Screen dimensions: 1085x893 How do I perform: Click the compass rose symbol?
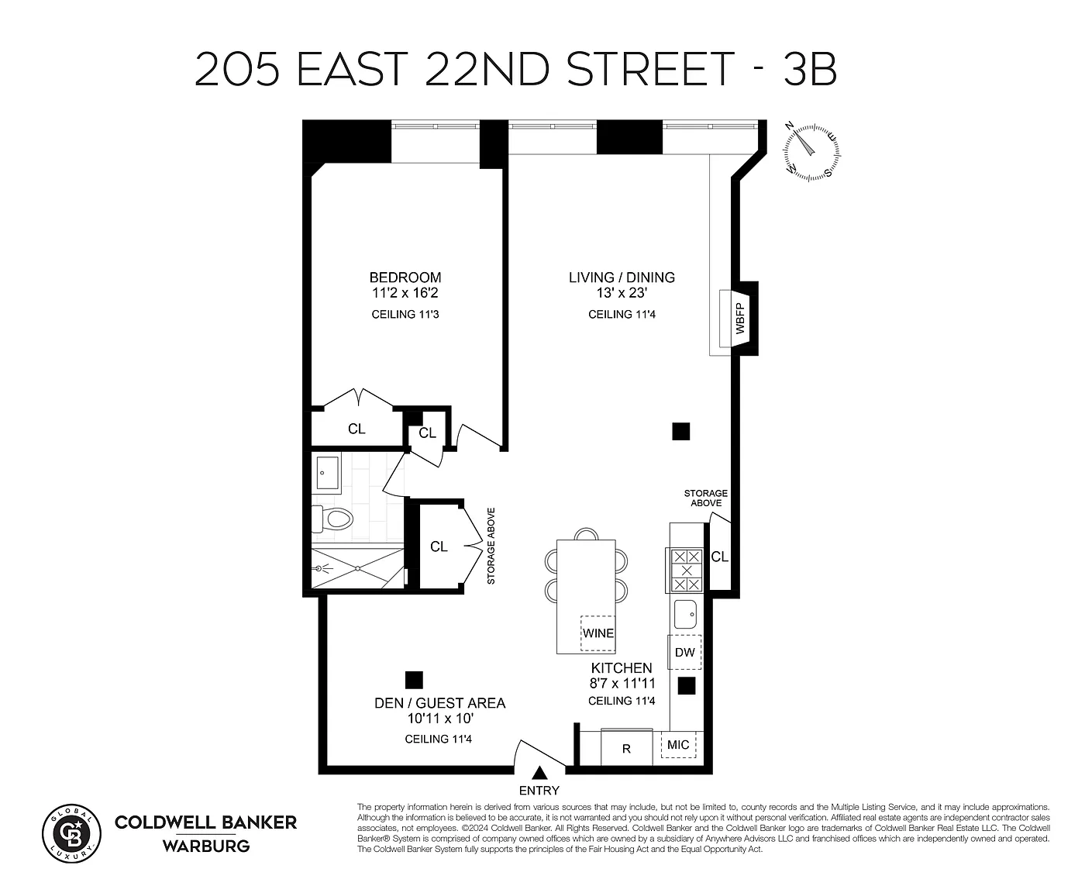click(811, 153)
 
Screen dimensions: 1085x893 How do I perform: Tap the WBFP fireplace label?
click(740, 318)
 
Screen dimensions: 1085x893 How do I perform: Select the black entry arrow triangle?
click(539, 773)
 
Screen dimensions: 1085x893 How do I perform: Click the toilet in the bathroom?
click(332, 519)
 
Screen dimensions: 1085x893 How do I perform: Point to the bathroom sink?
click(327, 473)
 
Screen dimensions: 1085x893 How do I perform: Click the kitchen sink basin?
click(685, 614)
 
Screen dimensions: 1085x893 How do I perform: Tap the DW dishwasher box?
click(685, 652)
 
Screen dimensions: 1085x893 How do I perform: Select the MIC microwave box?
click(678, 744)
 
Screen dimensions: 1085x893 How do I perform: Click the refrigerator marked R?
click(627, 748)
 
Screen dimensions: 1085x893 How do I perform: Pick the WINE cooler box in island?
click(598, 633)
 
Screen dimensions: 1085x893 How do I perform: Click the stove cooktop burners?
click(687, 571)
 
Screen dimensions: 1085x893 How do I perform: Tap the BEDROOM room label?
click(405, 278)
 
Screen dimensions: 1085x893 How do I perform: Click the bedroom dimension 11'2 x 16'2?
click(405, 293)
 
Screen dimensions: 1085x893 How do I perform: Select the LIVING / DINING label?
click(622, 278)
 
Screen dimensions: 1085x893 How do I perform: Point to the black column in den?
click(414, 680)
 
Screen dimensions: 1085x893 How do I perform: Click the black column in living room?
click(681, 431)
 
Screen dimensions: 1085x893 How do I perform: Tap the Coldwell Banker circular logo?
click(71, 833)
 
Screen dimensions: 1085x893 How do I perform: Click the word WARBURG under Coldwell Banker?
click(206, 846)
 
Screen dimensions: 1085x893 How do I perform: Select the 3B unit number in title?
click(811, 68)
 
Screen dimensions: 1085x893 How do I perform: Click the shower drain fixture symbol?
click(319, 568)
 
